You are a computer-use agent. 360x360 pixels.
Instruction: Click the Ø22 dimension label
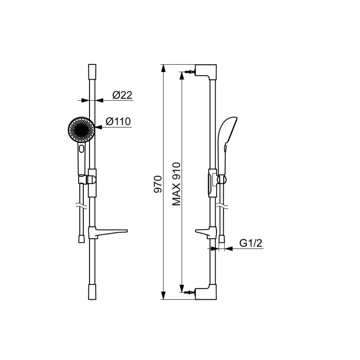pos(122,95)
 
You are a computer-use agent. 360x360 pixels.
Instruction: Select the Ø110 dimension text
pos(118,121)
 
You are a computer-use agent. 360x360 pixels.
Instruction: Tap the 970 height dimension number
pos(158,184)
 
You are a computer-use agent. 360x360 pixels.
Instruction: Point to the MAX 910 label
pos(176,184)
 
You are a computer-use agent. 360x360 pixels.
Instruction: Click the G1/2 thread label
pos(251,243)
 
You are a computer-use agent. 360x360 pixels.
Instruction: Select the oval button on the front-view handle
pos(81,149)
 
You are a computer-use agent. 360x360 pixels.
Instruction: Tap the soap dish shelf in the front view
pos(107,232)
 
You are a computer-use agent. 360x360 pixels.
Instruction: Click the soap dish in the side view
pos(206,232)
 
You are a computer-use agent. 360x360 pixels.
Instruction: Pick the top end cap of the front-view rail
pos(92,71)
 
